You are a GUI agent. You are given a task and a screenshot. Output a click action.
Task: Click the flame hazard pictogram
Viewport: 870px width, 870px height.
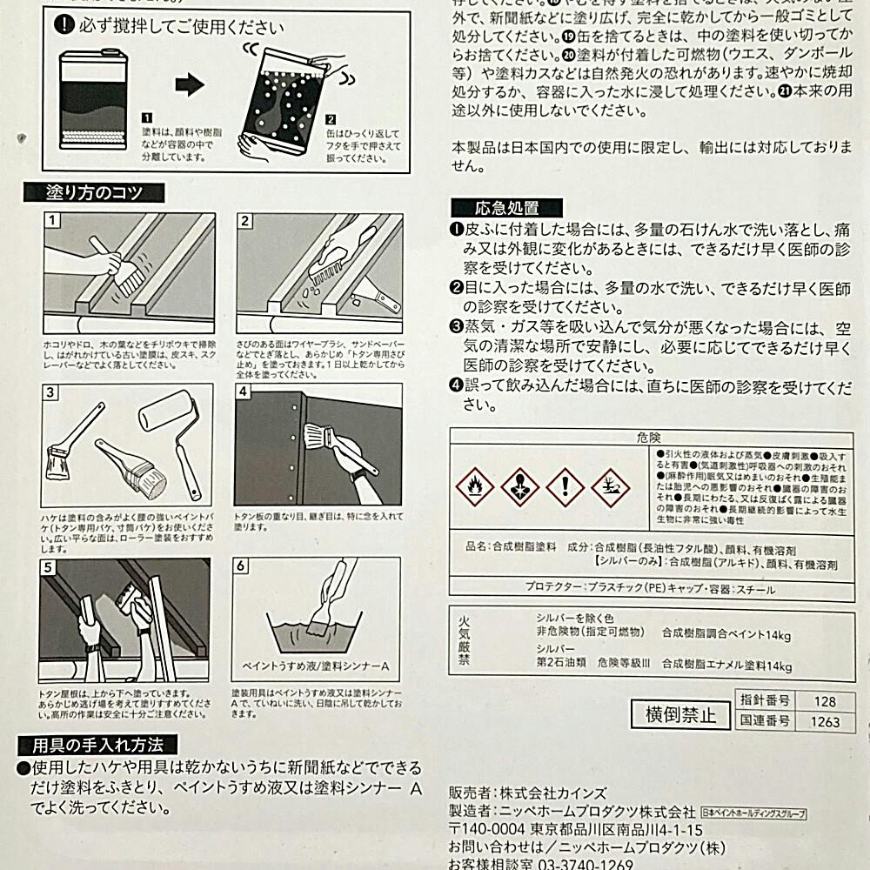(474, 488)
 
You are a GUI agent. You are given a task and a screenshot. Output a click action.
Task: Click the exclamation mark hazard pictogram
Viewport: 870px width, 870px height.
(564, 488)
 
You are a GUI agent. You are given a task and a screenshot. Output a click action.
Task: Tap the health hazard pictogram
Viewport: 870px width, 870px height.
(519, 488)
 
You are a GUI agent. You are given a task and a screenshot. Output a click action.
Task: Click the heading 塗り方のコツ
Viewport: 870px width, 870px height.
(95, 192)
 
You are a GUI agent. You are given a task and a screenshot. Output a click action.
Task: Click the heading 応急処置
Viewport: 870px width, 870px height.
(506, 207)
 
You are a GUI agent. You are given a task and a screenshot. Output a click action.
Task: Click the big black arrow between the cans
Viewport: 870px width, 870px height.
(190, 85)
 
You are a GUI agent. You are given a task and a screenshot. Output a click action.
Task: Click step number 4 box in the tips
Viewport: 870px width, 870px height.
(244, 392)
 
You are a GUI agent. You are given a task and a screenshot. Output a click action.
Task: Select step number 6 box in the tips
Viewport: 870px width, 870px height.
(243, 566)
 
